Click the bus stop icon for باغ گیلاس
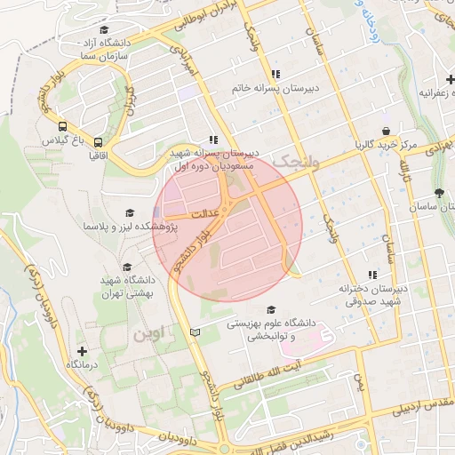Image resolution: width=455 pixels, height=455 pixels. pyautogui.click(x=63, y=126)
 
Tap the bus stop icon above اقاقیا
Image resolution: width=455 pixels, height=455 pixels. pyautogui.click(x=98, y=140)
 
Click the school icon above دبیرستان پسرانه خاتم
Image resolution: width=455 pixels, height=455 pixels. pyautogui.click(x=276, y=74)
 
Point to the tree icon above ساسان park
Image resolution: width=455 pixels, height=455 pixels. pyautogui.click(x=439, y=192)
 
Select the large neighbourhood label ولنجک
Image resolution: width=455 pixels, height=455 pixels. pyautogui.click(x=296, y=162)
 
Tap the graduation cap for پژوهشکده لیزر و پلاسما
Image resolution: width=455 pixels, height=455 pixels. pyautogui.click(x=131, y=213)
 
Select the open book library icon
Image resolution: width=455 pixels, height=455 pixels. pyautogui.click(x=196, y=332)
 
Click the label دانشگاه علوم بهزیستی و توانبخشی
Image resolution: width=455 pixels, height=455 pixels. pyautogui.click(x=259, y=331)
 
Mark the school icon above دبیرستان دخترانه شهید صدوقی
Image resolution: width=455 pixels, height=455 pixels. pyautogui.click(x=372, y=275)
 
